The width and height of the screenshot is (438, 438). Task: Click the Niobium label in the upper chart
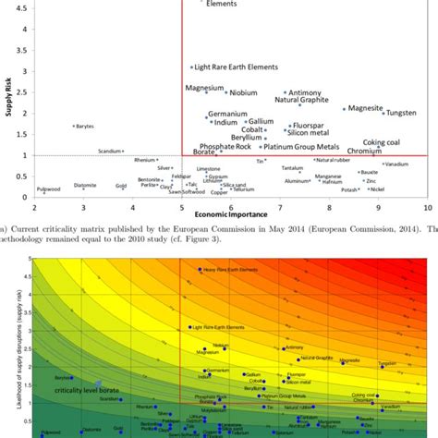pos(243,92)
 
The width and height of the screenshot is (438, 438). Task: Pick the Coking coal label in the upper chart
pos(381,142)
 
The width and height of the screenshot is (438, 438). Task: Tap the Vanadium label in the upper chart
pos(396,164)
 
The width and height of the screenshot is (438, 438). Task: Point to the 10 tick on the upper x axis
pos(427,208)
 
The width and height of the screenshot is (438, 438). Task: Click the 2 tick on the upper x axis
pos(34,208)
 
